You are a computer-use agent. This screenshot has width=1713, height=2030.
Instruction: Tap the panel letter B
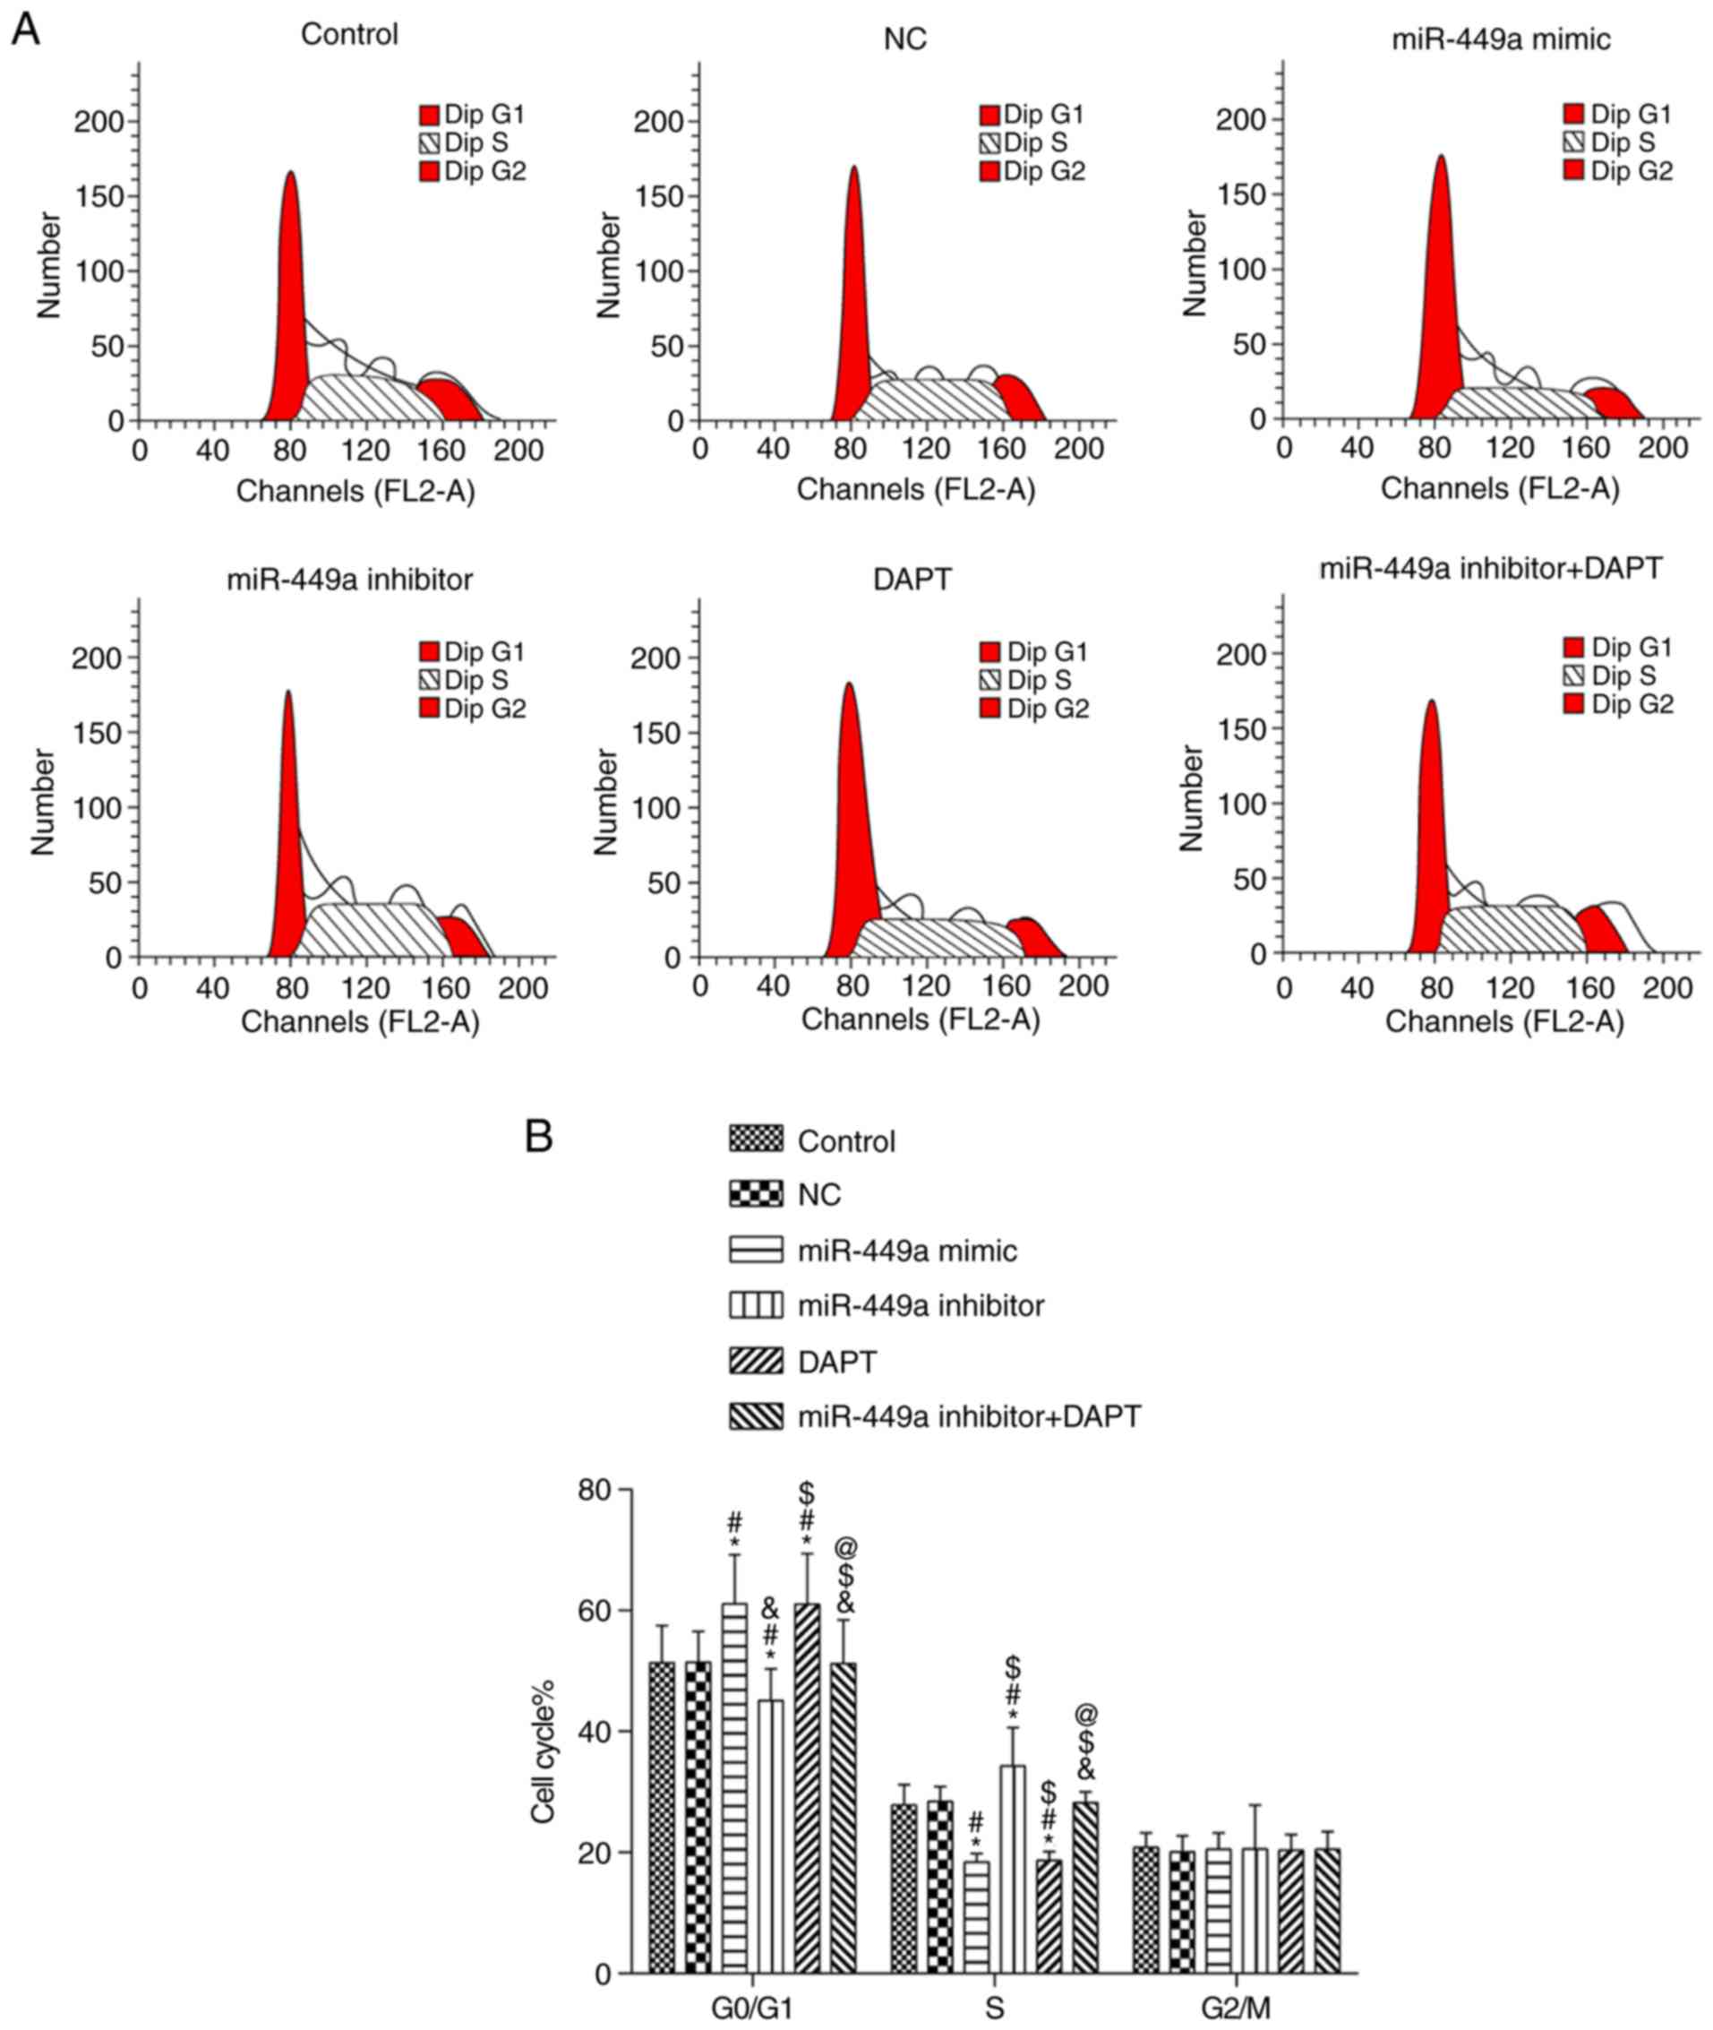pos(538,1135)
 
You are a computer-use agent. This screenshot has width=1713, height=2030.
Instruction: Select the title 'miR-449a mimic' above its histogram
pos(1501,39)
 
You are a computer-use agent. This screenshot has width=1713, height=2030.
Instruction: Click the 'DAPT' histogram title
pos(912,580)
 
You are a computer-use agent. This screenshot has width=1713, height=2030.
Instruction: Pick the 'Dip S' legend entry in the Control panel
pos(464,143)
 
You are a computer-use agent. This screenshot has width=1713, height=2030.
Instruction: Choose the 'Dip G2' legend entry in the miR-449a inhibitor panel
pos(473,709)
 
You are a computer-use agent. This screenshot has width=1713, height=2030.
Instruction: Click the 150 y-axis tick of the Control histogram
pos(107,196)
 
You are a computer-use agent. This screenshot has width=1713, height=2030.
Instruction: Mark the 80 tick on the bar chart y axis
pos(595,1489)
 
